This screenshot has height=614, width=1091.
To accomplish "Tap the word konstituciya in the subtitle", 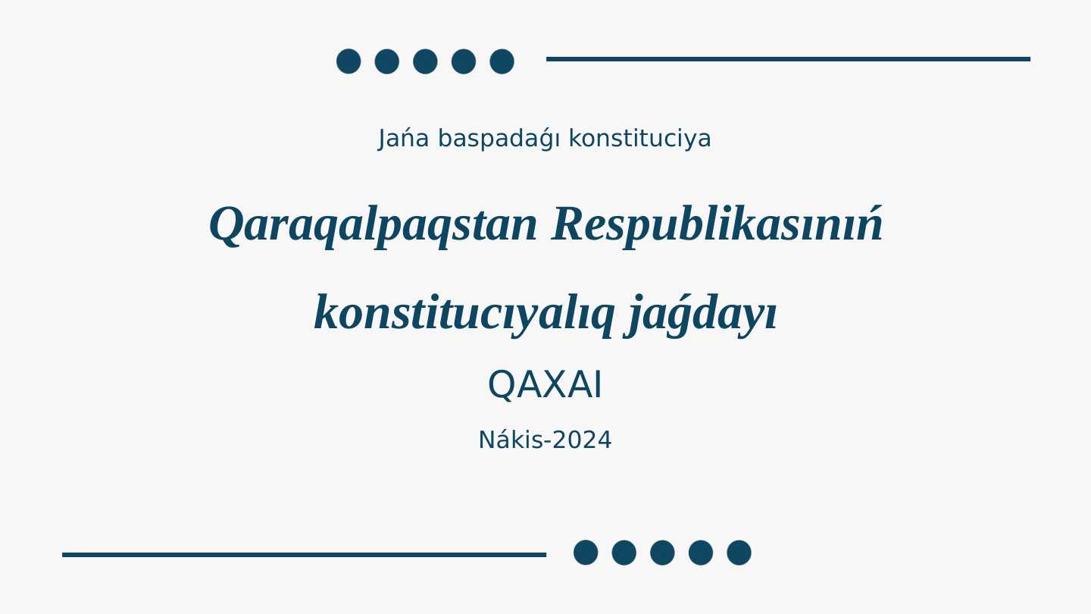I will click(x=639, y=139).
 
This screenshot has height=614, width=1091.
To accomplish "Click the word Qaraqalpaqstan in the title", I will click(x=373, y=225).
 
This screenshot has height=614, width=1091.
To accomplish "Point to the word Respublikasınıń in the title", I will click(x=717, y=225).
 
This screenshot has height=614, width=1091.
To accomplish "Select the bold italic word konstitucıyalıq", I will click(x=463, y=312).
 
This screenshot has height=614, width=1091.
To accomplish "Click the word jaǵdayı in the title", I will click(x=702, y=312).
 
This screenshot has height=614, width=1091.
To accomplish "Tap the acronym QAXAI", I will click(x=545, y=385).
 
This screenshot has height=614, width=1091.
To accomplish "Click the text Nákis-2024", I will click(x=545, y=440).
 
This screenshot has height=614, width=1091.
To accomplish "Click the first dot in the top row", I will click(x=349, y=61).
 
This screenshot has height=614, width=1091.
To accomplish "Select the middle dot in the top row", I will click(x=425, y=61).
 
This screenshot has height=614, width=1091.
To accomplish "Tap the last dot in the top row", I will click(x=502, y=61).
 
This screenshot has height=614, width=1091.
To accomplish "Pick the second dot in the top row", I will click(x=386, y=61).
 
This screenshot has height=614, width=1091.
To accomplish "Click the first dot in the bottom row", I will click(x=586, y=553).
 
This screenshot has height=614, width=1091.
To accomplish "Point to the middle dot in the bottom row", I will click(x=662, y=553).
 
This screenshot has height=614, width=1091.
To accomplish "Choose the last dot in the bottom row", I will click(x=739, y=553).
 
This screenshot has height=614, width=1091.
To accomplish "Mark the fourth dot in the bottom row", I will click(x=701, y=553).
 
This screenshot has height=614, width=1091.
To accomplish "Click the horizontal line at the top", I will click(x=788, y=58).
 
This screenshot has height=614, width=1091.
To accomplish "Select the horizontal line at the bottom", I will click(x=304, y=555).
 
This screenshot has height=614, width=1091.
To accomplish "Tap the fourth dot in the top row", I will click(x=464, y=61).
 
